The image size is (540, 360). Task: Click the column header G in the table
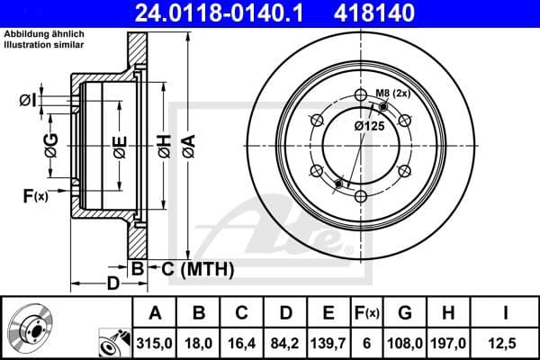click(405, 312)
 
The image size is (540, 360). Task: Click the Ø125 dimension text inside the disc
click(370, 126)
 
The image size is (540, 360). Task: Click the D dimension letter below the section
click(113, 285)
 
